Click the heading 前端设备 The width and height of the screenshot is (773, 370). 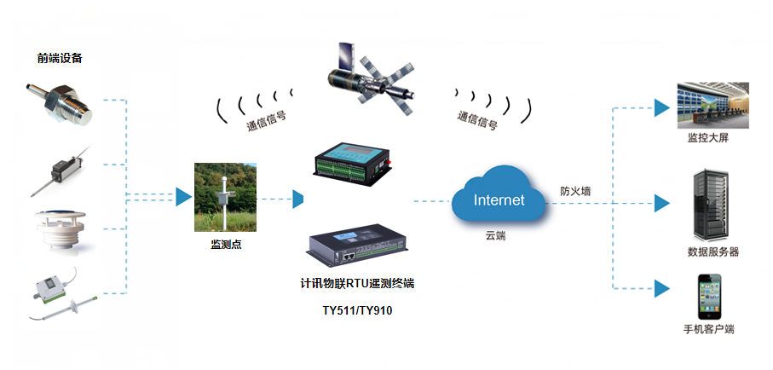[x=60, y=59]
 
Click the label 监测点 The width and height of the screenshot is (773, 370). [x=227, y=245]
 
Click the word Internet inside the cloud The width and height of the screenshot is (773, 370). [x=499, y=201]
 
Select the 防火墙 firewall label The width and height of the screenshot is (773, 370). [x=575, y=192]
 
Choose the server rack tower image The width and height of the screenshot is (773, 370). [x=712, y=205]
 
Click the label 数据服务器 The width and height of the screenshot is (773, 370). [x=712, y=251]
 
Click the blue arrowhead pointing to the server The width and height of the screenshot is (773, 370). [x=661, y=203]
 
